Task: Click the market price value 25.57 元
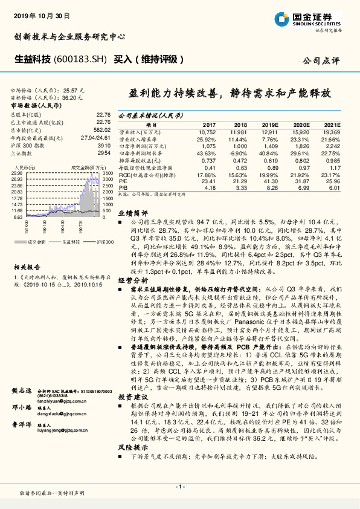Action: click(x=73, y=89)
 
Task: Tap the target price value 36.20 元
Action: click(x=73, y=97)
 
